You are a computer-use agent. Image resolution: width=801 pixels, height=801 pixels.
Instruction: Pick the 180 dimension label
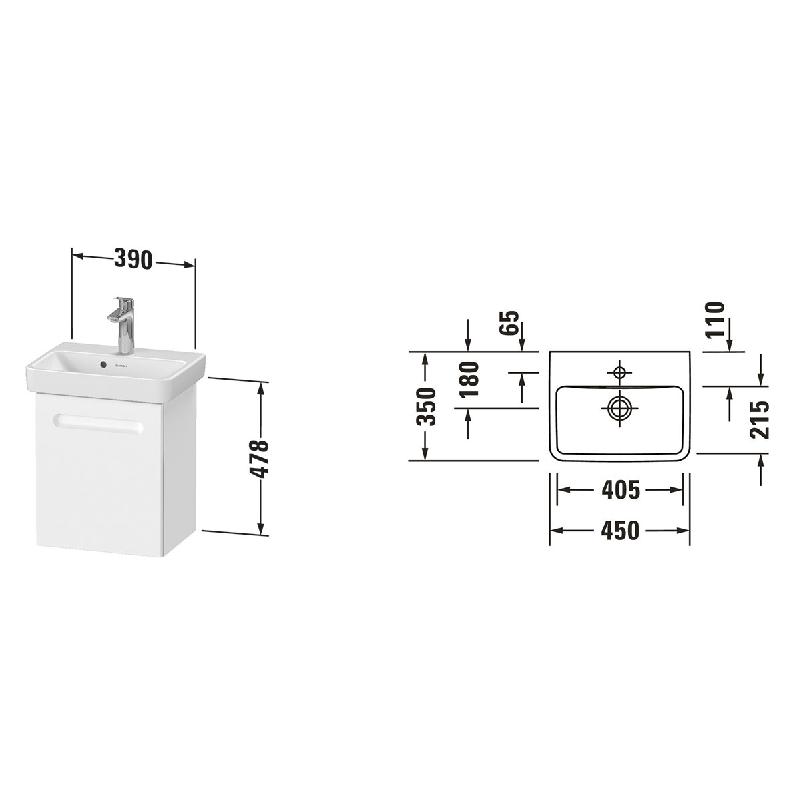470,379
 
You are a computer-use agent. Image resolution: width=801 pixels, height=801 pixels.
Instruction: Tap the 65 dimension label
509,323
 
